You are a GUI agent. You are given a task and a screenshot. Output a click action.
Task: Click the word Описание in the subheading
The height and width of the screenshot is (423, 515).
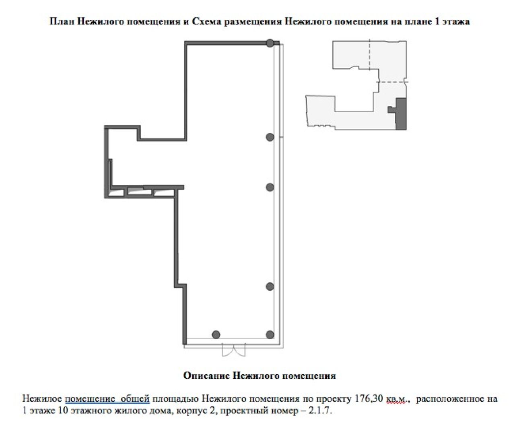pyautogui.click(x=206, y=375)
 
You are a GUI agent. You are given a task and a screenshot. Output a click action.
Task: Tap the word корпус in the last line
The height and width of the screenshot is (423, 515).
pyautogui.click(x=191, y=411)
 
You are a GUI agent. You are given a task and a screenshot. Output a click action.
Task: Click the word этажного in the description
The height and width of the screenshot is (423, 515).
pyautogui.click(x=89, y=411)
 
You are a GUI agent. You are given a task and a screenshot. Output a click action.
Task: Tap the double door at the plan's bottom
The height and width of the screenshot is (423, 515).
pyautogui.click(x=234, y=349)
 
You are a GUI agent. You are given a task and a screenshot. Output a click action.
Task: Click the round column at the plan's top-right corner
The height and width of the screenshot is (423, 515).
pyautogui.click(x=270, y=43)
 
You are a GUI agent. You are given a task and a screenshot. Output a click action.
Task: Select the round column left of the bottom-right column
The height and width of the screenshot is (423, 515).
pyautogui.click(x=216, y=334)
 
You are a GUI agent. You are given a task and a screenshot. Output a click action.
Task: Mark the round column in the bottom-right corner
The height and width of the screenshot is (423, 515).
pyautogui.click(x=270, y=334)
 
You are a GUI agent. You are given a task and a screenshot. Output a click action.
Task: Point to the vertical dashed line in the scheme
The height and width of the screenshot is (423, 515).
pyautogui.click(x=369, y=54)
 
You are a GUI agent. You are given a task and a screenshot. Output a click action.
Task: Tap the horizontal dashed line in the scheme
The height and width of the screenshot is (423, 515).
pyautogui.click(x=392, y=82)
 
